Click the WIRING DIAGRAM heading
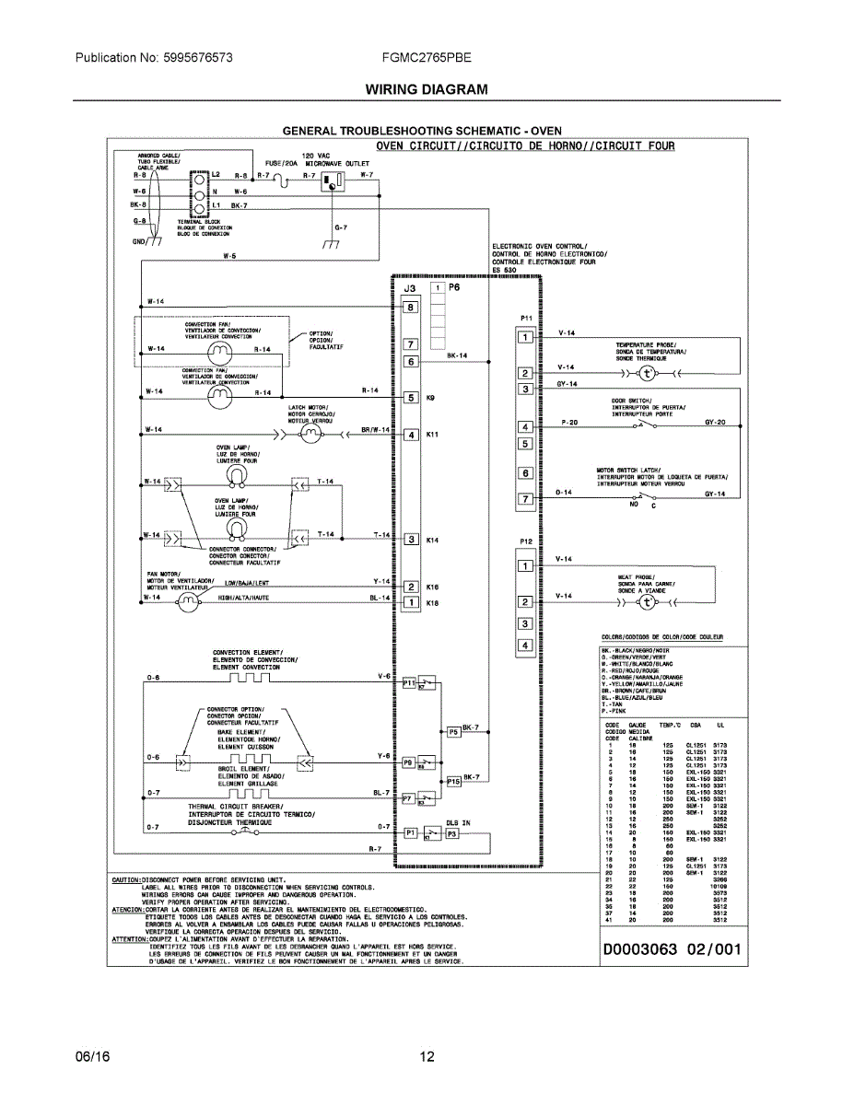[x=427, y=89]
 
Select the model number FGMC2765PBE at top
[x=427, y=57]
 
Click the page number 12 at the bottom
[x=427, y=1056]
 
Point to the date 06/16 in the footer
[x=92, y=1056]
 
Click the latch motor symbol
[x=309, y=435]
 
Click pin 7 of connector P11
[x=525, y=498]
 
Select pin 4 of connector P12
[x=525, y=646]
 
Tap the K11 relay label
[x=432, y=434]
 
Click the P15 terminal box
[x=453, y=781]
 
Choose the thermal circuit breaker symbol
[x=244, y=831]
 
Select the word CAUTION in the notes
[x=125, y=879]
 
